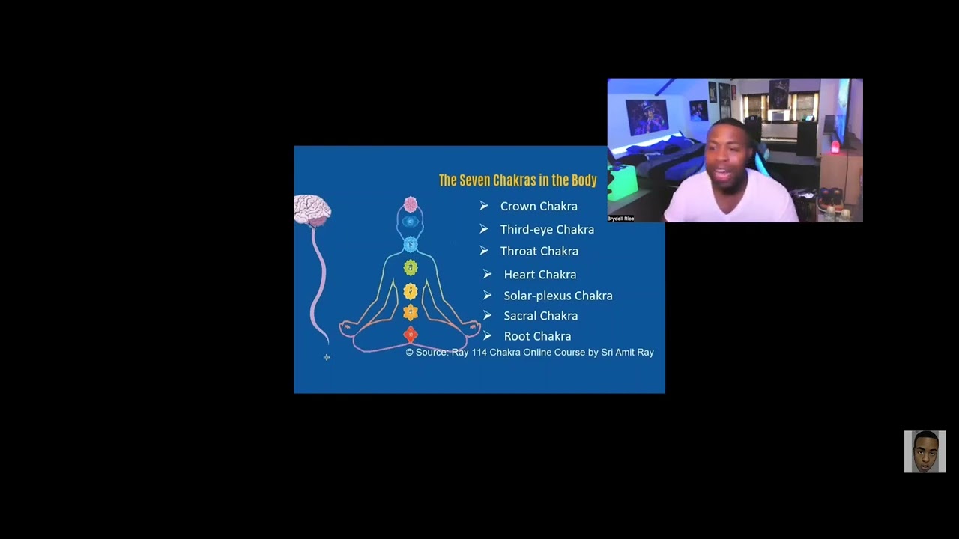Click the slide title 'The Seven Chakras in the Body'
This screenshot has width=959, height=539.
coord(518,180)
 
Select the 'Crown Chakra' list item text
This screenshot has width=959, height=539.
coord(539,207)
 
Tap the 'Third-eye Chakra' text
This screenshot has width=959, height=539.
coord(547,230)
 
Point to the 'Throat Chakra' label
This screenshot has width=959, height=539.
coord(539,252)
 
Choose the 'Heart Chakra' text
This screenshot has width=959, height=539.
coord(540,275)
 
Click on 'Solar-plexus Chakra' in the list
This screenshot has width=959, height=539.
coord(558,296)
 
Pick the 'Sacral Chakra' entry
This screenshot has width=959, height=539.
coord(541,316)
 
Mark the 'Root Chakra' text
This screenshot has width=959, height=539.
coord(537,336)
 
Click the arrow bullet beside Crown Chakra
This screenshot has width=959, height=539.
coord(484,206)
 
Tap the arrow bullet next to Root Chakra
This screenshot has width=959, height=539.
coord(487,336)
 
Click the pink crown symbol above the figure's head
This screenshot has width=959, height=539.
coord(411,204)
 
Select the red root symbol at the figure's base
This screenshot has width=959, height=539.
coord(411,335)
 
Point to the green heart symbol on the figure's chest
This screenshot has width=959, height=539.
coord(411,267)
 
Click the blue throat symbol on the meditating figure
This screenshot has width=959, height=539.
coord(411,244)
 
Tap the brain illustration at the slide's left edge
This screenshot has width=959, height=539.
coord(312,210)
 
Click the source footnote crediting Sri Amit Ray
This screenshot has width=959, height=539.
coord(530,353)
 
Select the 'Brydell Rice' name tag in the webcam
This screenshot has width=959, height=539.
coord(620,219)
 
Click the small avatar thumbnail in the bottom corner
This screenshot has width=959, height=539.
coord(925,451)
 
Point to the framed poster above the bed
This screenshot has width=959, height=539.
coord(647,117)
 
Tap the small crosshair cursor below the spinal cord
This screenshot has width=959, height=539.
coord(327,358)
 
